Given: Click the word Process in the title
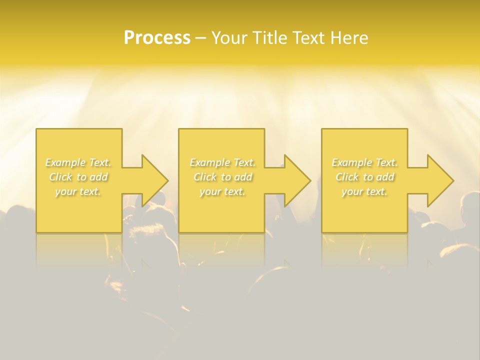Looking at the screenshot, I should [x=157, y=38].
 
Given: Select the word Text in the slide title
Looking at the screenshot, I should [x=308, y=38].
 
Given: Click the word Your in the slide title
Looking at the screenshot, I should [x=230, y=38].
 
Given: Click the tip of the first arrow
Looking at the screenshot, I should [x=167, y=180].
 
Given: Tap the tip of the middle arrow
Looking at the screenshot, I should [x=310, y=180].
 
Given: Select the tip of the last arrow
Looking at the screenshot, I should [x=453, y=180].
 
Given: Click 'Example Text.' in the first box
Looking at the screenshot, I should [x=78, y=162].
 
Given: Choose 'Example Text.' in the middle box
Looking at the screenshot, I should [x=222, y=162].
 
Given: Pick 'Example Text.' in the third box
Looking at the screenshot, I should [x=364, y=162].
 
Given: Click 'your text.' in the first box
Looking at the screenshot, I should [x=78, y=191].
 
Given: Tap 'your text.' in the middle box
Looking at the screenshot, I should [x=222, y=191].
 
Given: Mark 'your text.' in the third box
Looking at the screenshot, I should [x=364, y=191].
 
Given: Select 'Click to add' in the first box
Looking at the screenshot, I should [x=78, y=177].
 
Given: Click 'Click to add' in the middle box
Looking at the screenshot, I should [x=222, y=177].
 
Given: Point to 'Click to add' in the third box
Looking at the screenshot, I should [x=364, y=177].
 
